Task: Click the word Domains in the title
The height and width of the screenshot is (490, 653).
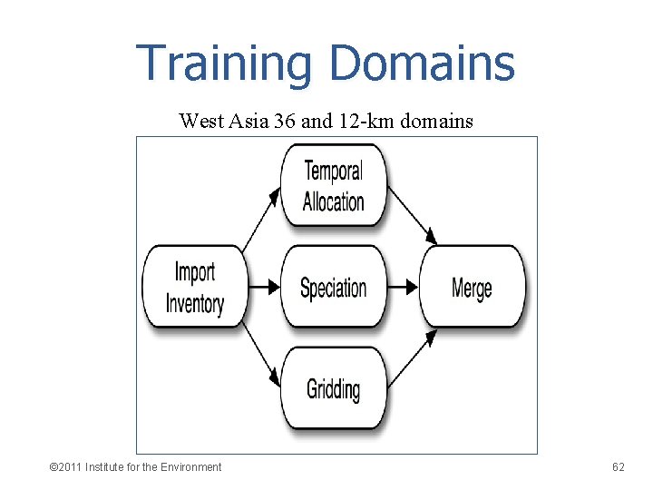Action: [x=422, y=64]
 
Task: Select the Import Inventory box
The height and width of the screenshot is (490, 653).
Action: [x=195, y=287]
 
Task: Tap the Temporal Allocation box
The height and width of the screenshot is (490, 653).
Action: [x=333, y=186]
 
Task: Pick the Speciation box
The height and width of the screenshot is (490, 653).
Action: [x=333, y=288]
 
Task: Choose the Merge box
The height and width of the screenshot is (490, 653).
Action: [x=472, y=288]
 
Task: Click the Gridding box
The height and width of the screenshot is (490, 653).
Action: [x=333, y=389]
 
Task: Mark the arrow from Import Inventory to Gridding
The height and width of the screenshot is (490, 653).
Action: [x=261, y=356]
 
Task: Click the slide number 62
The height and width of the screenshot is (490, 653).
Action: [x=619, y=467]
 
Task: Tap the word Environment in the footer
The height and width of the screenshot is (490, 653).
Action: [x=190, y=467]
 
